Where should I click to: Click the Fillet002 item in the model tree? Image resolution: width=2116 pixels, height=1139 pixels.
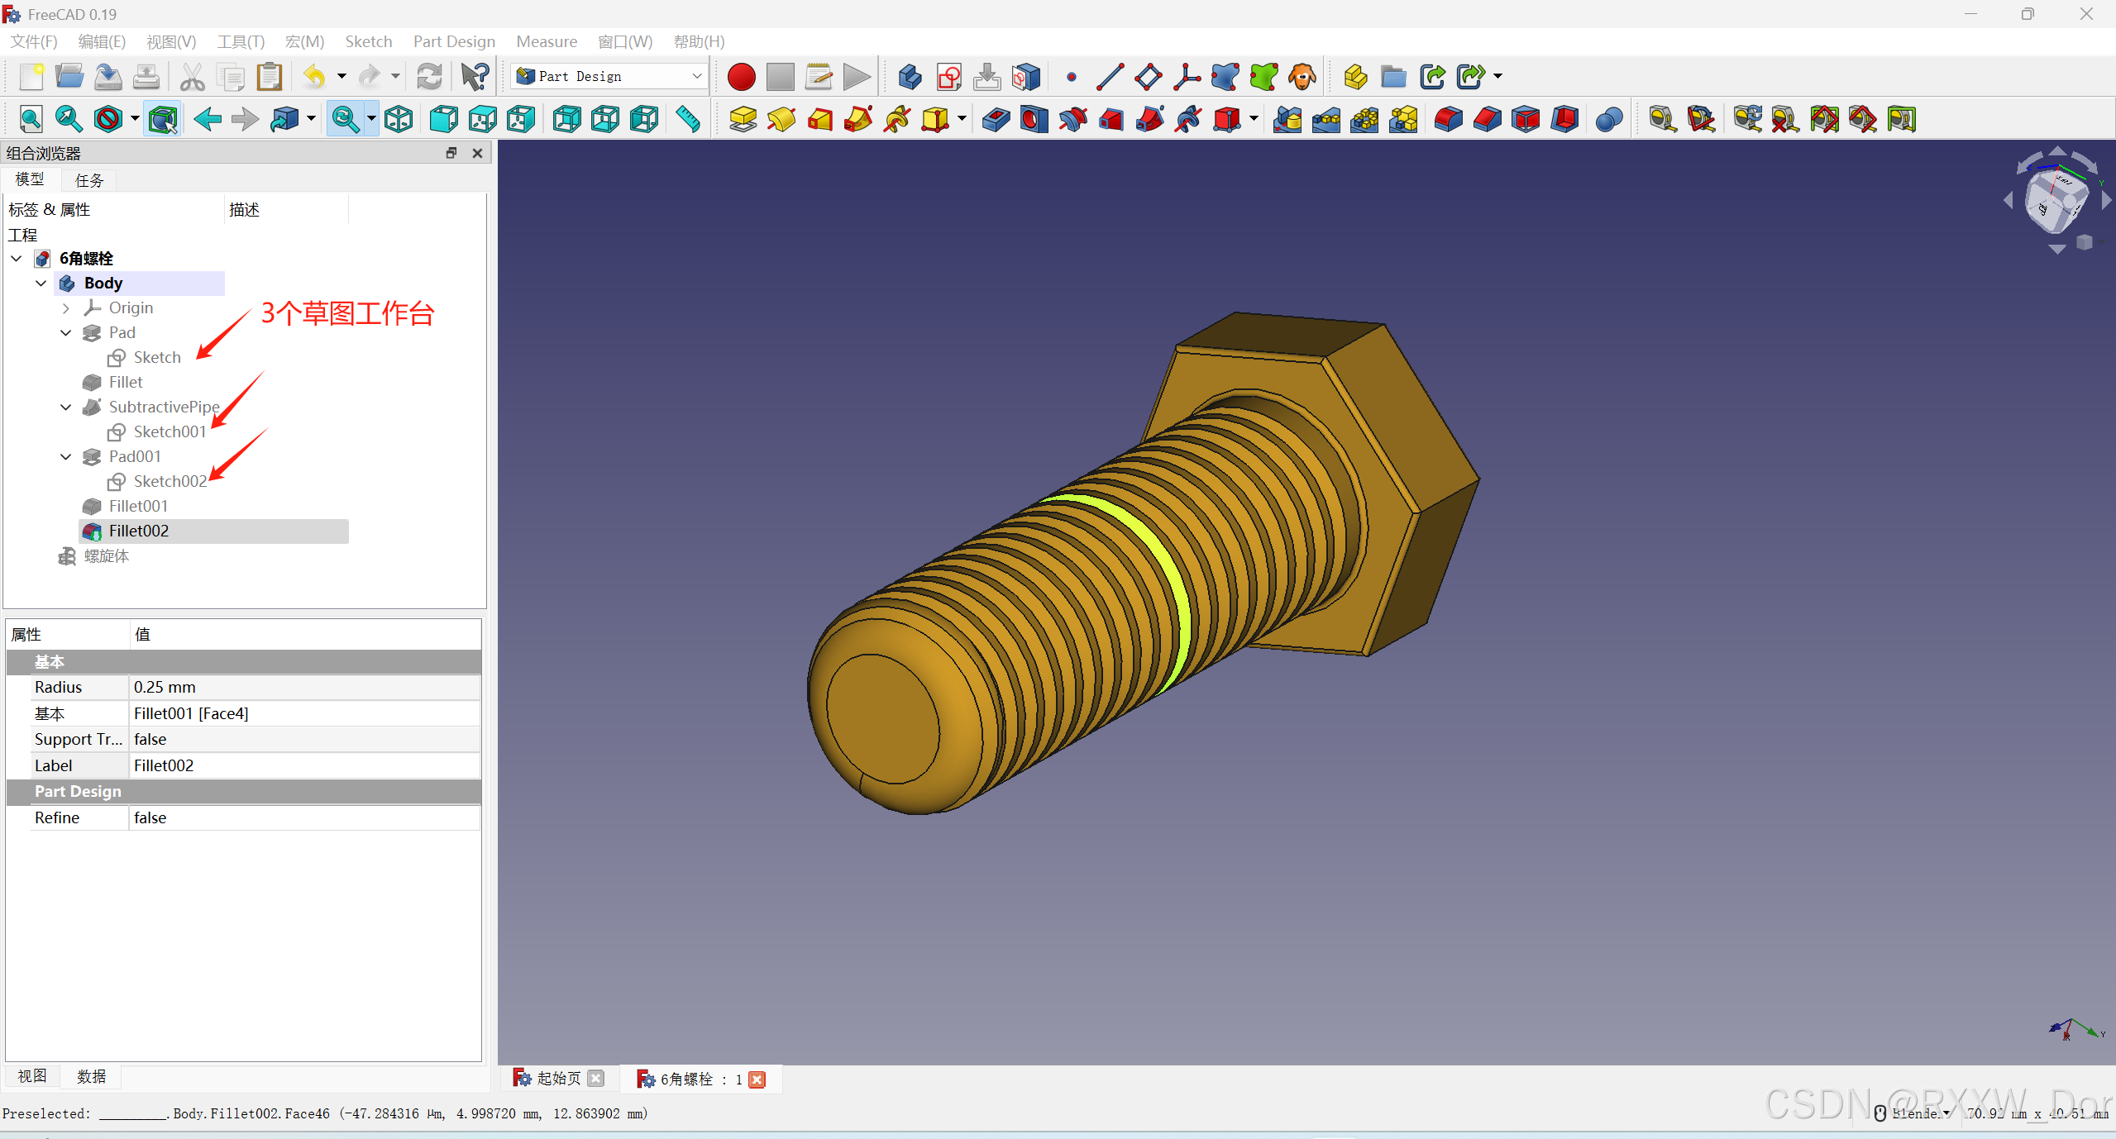click(138, 531)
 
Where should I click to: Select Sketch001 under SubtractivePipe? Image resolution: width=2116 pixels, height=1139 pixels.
click(169, 431)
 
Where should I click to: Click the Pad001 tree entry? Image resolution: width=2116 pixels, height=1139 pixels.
click(134, 456)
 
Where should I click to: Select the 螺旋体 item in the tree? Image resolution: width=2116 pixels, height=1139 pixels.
click(106, 556)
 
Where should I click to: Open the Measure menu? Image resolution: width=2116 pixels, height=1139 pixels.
click(546, 41)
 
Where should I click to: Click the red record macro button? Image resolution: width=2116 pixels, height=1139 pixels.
click(741, 77)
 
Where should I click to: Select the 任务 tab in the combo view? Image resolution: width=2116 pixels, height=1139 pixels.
click(89, 180)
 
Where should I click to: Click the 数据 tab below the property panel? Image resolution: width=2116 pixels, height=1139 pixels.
click(91, 1076)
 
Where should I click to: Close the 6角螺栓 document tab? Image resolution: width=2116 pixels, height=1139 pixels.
click(757, 1079)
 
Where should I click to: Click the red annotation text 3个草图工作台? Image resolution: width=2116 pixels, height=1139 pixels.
click(347, 313)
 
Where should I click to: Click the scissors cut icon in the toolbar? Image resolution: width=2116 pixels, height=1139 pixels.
click(192, 77)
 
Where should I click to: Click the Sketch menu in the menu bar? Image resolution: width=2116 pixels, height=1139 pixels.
click(368, 41)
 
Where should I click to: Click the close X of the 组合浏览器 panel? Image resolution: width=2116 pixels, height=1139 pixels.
click(477, 153)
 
